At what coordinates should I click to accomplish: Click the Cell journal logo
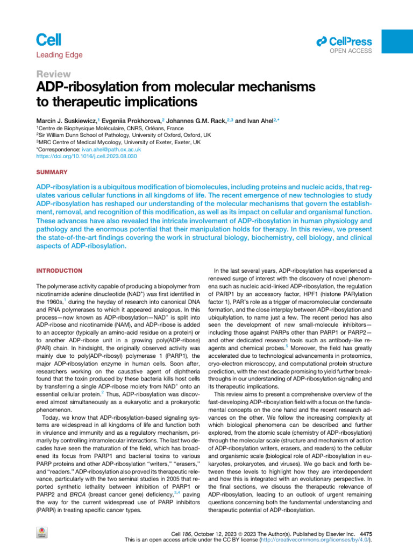point(49,39)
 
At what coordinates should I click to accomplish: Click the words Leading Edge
point(59,54)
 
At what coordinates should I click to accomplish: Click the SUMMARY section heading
point(52,172)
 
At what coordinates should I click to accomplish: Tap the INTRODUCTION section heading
point(59,270)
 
